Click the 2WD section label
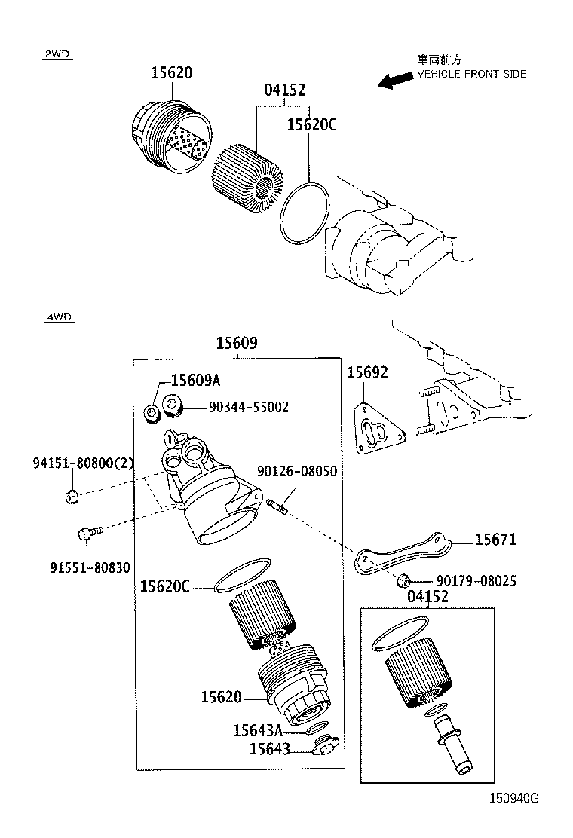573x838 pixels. point(57,54)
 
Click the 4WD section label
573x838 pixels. point(58,317)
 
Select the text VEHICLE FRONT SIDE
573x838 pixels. point(471,74)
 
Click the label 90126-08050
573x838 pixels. point(297,471)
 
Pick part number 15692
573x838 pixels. point(367,372)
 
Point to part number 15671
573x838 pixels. point(495,540)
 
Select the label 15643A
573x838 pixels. point(257,729)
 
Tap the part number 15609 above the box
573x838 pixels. point(237,343)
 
